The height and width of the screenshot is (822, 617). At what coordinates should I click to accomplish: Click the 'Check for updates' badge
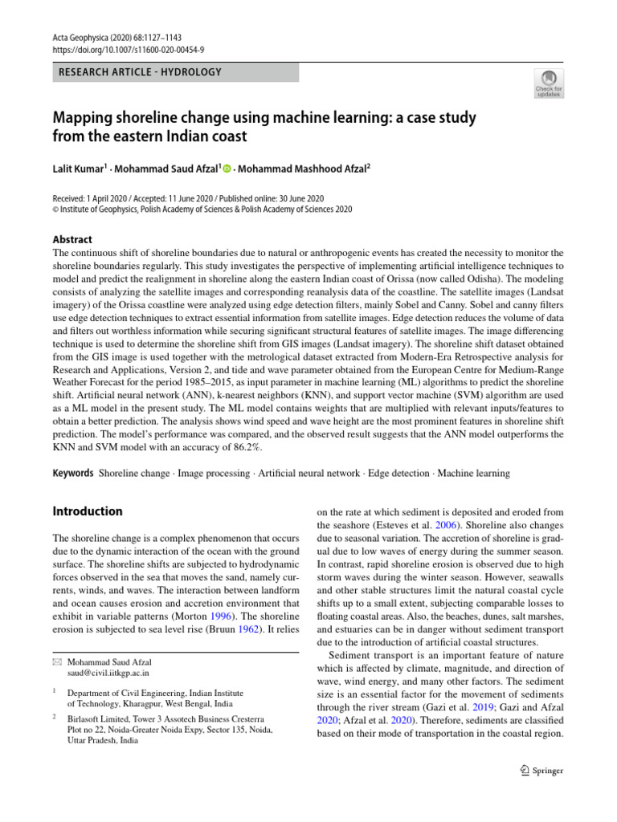pos(548,82)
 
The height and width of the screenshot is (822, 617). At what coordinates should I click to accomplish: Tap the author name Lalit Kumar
pos(79,169)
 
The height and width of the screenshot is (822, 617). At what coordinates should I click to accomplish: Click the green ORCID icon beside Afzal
pos(227,169)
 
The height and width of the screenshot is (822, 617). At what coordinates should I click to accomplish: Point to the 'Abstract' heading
pos(72,239)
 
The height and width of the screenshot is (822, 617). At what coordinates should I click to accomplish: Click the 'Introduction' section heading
pos(88,511)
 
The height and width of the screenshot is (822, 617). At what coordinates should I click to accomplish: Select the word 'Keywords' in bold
pos(73,474)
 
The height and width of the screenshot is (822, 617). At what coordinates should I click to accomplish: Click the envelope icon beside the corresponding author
pos(57,661)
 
